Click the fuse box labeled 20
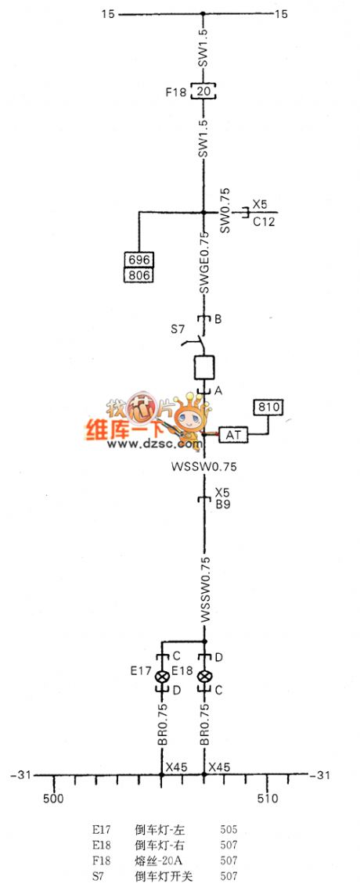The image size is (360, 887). point(203,92)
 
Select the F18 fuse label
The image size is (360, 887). point(176,92)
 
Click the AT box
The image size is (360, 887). point(233,434)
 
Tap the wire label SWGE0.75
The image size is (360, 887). point(203,262)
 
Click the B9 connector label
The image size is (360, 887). point(221,505)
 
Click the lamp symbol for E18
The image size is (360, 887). point(205,676)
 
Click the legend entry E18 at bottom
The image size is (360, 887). point(102,845)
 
